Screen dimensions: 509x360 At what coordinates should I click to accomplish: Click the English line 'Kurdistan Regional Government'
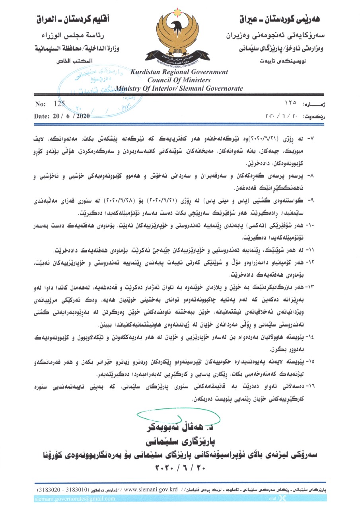179,72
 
